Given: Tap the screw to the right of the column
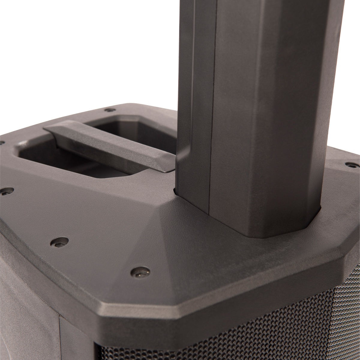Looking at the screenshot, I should [349, 164].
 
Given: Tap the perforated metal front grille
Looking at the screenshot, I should [240, 339].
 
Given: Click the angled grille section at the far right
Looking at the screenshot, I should [351, 300].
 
